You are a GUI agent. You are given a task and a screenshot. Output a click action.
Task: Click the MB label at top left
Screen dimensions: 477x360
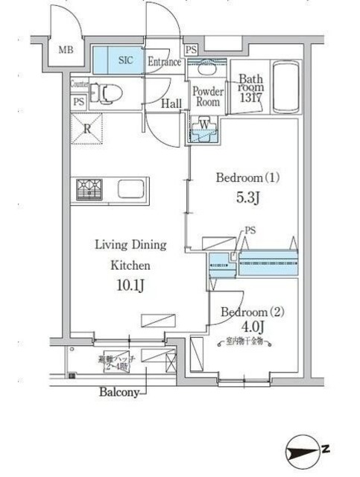(x=66, y=51)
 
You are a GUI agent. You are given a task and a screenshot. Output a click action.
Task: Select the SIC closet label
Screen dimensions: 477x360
(x=127, y=61)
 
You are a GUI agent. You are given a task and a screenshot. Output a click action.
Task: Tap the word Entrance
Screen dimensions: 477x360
(x=165, y=62)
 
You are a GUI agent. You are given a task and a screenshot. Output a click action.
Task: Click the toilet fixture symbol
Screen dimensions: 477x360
(x=110, y=94)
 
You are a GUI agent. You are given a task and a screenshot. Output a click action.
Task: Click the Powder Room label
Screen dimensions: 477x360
(x=208, y=97)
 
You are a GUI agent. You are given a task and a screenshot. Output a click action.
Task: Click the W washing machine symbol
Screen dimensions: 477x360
(x=204, y=124)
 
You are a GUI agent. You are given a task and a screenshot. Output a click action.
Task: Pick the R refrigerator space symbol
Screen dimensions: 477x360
(x=88, y=128)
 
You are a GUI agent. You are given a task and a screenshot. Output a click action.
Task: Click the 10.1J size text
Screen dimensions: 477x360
(x=130, y=285)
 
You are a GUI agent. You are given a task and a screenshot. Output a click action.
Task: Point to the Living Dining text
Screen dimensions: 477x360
(x=130, y=244)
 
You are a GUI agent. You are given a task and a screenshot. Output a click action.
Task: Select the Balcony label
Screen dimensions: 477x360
(x=119, y=392)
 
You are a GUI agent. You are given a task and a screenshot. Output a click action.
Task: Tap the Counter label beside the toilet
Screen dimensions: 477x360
(x=80, y=84)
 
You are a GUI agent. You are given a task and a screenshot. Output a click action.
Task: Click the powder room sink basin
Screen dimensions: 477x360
(x=207, y=69)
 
